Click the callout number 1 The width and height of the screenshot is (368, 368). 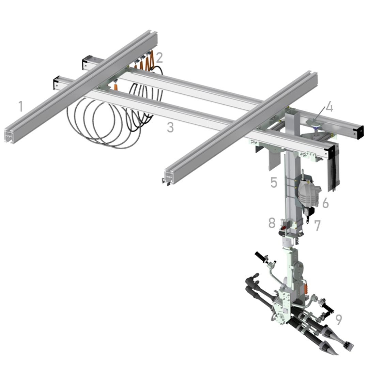point(21,106)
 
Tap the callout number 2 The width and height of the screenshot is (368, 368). point(159,58)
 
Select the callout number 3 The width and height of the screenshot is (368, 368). point(170,127)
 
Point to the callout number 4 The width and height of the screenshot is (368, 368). point(329,107)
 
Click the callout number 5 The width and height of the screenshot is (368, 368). point(274,182)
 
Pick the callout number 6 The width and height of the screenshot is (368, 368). point(325,203)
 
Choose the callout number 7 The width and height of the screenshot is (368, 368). point(317,225)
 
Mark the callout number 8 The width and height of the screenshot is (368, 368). point(272,223)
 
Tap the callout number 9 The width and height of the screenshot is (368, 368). point(338,320)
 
